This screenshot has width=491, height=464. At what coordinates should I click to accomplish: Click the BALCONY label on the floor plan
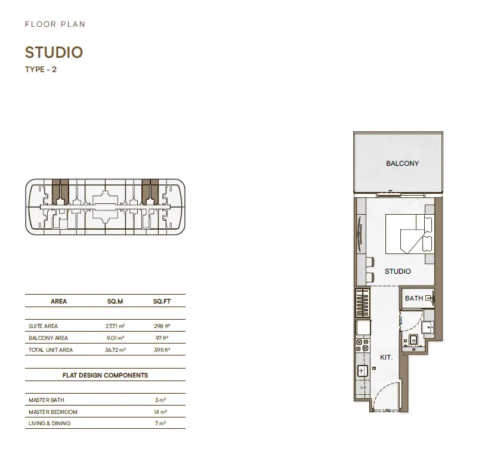coord(402,163)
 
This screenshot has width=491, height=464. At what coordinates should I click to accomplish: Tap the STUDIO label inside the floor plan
coord(398,271)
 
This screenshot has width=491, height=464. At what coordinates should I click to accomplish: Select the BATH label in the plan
coord(414,298)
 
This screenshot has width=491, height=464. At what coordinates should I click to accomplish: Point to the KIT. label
coord(387,357)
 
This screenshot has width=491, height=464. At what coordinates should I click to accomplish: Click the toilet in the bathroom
coord(413,340)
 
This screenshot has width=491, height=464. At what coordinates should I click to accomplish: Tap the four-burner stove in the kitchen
coord(362,345)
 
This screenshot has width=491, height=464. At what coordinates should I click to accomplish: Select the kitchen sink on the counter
coord(362,371)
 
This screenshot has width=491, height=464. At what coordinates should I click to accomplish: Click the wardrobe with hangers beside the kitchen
coord(363,303)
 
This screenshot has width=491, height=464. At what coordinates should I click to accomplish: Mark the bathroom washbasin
coord(428,327)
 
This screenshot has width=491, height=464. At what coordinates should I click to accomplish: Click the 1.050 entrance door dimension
coord(387,411)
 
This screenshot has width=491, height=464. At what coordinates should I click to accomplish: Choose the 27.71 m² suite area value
coord(115,326)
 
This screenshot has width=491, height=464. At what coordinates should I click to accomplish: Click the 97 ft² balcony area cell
coord(162,338)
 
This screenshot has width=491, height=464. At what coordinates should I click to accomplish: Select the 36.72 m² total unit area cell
coord(115,349)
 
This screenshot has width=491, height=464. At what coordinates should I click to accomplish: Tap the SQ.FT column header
coord(162,301)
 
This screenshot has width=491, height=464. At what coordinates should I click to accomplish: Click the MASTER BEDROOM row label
coord(53,412)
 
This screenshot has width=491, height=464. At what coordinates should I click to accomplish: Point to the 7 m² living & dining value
coord(160,423)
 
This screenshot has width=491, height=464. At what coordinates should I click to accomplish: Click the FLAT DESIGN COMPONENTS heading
coord(105,375)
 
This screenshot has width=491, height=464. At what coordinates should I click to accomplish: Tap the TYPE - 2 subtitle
coord(41,70)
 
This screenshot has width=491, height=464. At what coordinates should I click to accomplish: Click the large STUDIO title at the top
coord(54,52)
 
